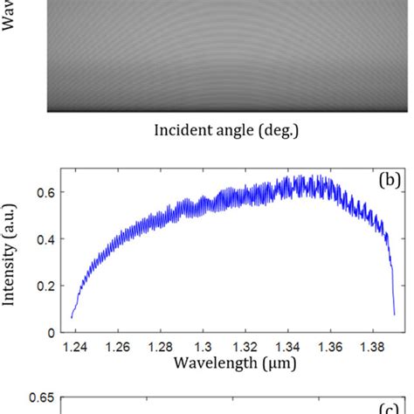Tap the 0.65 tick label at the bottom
click(41, 398)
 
